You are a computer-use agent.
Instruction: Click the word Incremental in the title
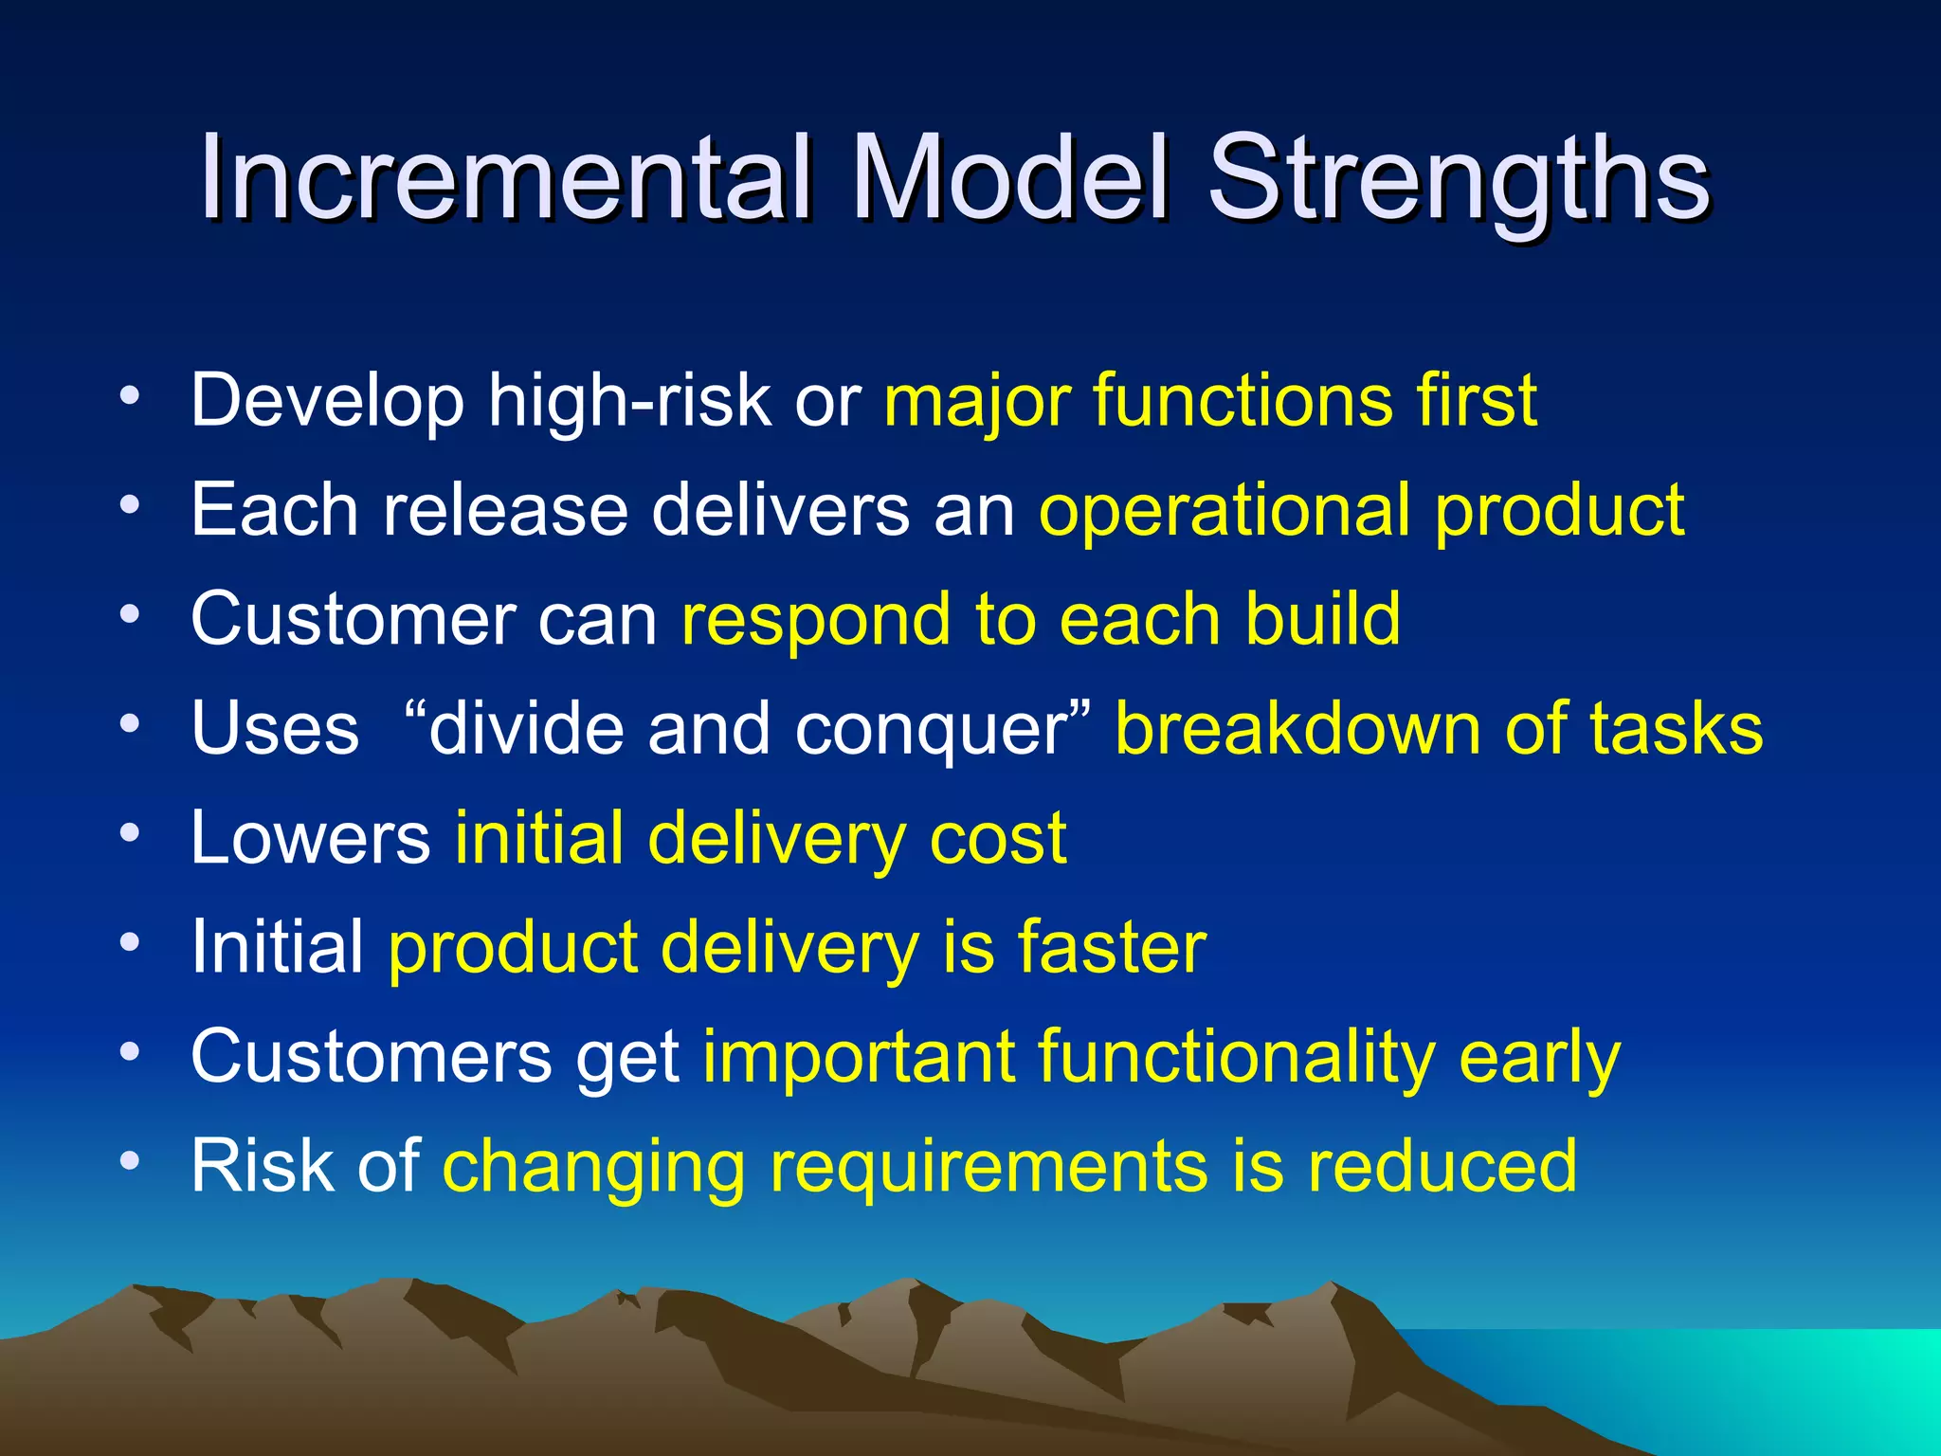[x=503, y=177]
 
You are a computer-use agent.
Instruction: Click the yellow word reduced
[x=1442, y=1165]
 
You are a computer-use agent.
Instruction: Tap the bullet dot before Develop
[x=130, y=395]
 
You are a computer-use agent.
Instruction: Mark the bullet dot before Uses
[x=130, y=724]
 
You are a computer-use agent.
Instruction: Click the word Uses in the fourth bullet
[x=275, y=729]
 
